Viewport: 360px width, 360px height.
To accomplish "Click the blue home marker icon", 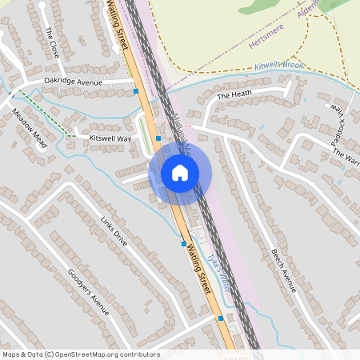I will point(180,172).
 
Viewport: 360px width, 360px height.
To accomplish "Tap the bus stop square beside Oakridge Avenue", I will point(136,91).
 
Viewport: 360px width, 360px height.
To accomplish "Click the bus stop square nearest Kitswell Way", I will point(158,138).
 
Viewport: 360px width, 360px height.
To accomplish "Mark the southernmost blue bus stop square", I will point(221,318).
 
